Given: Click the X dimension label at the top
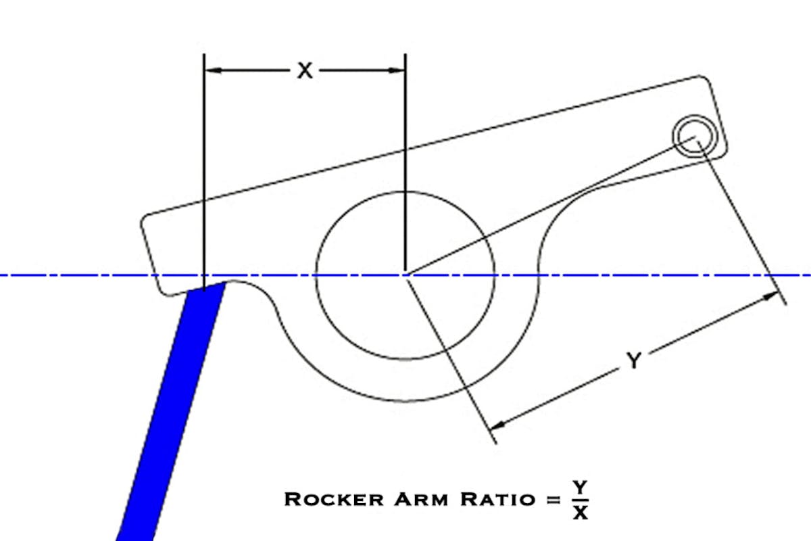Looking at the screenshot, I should (x=305, y=70).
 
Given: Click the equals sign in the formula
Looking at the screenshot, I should (x=554, y=500).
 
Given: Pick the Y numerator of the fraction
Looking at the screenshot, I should (x=580, y=488).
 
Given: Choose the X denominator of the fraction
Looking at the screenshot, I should (x=580, y=513).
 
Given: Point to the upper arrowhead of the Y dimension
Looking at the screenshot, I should (x=771, y=296).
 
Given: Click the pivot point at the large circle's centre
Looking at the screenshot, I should (x=405, y=275).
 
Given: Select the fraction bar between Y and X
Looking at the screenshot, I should (x=580, y=500).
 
